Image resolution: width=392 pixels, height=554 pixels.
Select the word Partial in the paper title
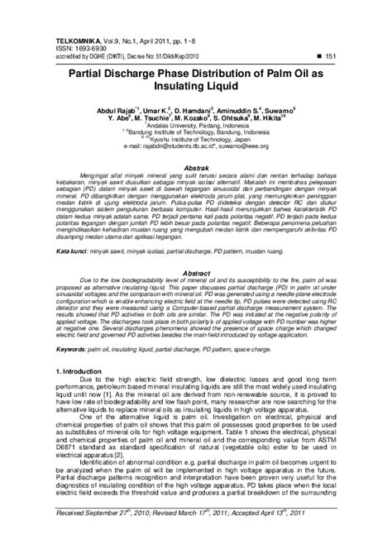pos(76,73)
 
